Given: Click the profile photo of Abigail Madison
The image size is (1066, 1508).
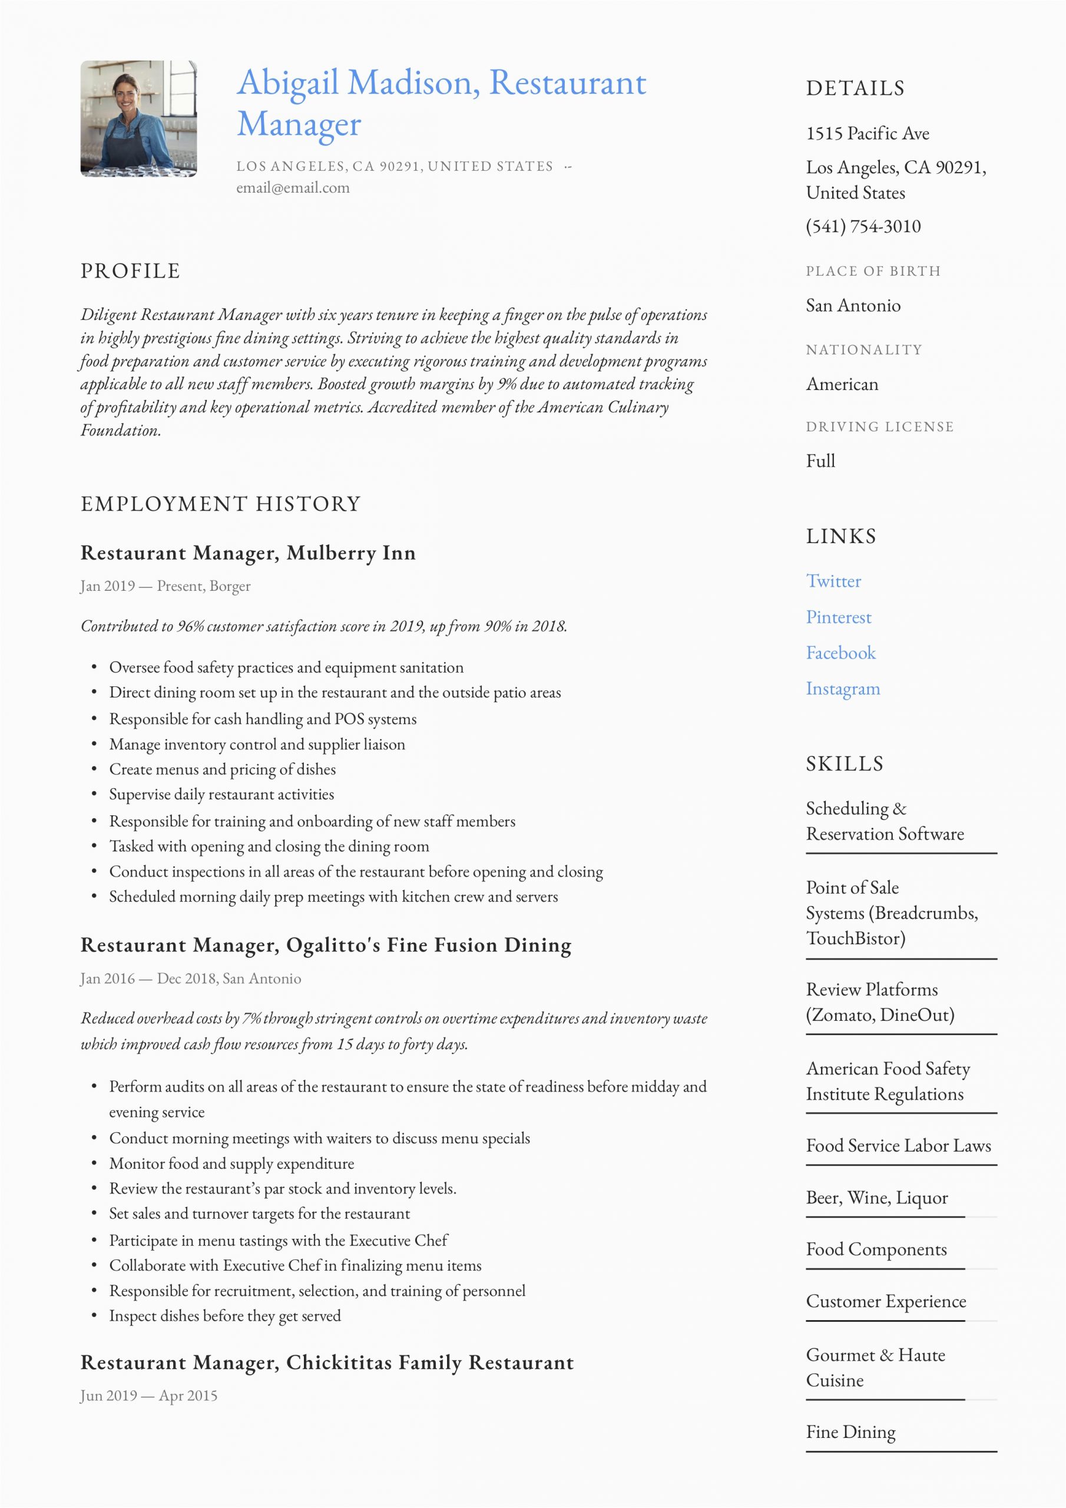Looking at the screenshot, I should (138, 119).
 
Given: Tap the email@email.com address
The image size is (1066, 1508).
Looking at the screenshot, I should (293, 188).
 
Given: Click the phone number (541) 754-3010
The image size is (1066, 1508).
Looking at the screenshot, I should (863, 227).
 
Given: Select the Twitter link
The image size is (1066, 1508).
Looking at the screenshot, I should (833, 581).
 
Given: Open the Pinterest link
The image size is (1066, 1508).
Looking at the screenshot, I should (838, 617).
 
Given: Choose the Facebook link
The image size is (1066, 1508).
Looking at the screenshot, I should (840, 653).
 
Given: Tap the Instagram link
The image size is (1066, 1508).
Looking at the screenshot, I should (843, 689).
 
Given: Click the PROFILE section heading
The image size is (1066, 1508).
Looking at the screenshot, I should (130, 271).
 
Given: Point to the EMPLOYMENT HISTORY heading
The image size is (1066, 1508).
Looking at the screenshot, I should (221, 504).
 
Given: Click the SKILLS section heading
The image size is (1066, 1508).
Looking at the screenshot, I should (845, 764).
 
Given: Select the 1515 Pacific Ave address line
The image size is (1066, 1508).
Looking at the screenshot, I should (867, 134).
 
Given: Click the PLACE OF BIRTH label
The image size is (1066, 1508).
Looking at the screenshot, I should (873, 271).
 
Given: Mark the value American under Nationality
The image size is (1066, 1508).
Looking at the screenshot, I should (842, 384).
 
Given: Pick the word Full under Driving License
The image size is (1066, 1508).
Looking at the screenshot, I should (820, 461).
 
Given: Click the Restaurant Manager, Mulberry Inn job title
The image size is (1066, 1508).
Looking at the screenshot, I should (247, 553).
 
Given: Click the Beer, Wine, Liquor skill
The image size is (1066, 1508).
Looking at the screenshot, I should (876, 1198).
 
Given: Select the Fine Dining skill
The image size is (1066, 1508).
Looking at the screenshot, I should (850, 1433).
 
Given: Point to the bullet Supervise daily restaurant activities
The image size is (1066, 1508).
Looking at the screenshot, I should (221, 795).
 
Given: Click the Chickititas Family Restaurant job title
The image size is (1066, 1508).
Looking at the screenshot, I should (327, 1363).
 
